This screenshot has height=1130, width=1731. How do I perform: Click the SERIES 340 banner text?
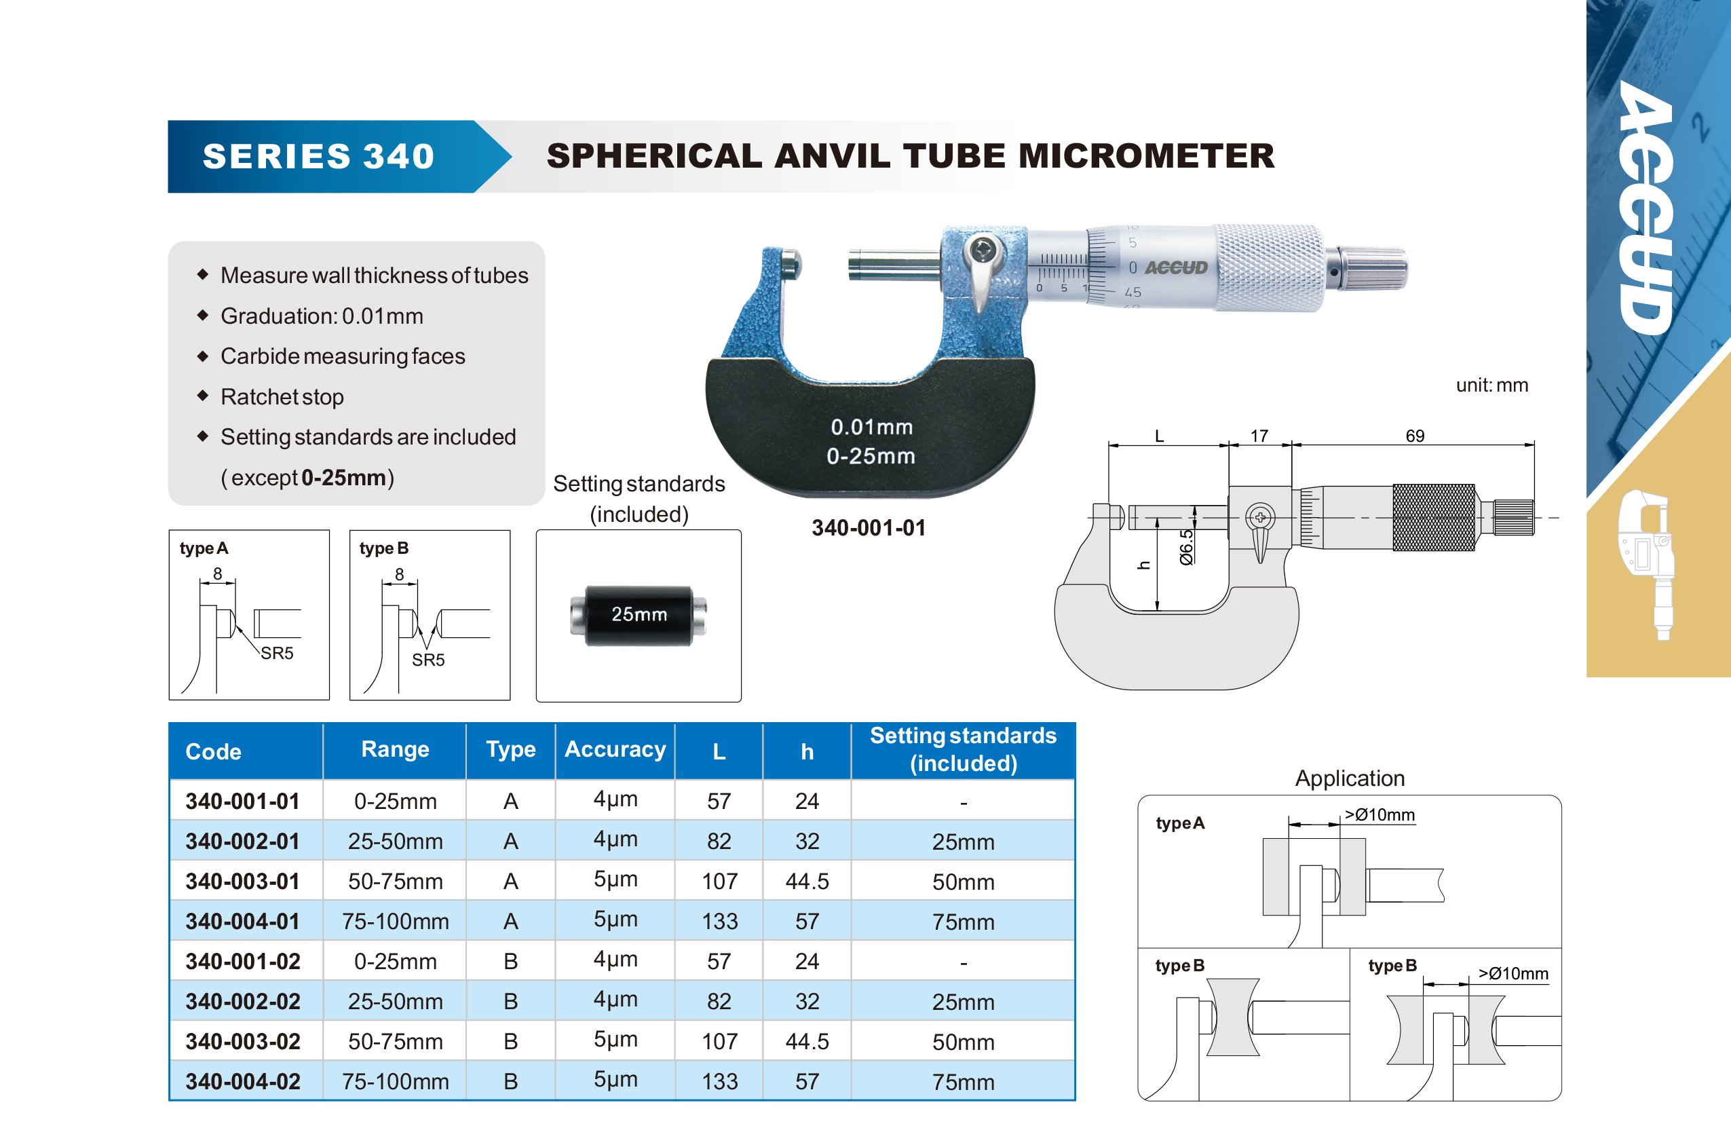318,157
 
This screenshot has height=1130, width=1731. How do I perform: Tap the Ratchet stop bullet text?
282,396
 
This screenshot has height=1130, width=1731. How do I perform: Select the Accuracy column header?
615,749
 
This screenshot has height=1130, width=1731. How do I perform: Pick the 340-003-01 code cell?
243,881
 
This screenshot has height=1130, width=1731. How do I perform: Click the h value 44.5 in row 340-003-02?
807,1041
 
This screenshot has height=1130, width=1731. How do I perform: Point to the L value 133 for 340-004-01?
719,921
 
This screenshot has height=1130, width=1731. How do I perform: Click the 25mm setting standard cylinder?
639,615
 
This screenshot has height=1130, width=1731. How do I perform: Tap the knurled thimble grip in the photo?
1269,268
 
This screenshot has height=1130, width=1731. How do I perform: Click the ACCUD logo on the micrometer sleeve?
1176,268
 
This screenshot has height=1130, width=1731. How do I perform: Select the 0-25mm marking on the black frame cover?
871,456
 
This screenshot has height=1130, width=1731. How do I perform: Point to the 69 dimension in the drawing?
1415,436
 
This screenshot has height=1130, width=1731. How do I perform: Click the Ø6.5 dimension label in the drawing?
1186,547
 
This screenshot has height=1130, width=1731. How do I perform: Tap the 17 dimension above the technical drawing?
1259,436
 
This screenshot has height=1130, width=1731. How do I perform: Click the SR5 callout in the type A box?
277,653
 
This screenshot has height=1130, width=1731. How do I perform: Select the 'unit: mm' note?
1491,385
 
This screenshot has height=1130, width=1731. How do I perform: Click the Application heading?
1349,778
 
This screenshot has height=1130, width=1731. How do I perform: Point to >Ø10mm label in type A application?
1379,814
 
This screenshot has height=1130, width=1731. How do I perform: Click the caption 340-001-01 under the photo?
869,527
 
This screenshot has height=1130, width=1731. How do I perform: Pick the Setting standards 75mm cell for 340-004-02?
963,1082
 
